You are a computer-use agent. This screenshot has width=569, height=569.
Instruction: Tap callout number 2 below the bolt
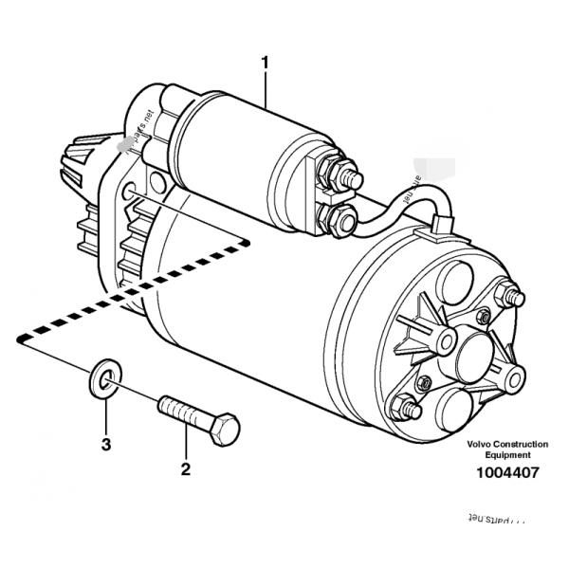coord(186,468)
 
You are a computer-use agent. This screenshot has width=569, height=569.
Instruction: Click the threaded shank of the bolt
coord(183,415)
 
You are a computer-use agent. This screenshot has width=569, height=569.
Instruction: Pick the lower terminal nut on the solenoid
coord(340,221)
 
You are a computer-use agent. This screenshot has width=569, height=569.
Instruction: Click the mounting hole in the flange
coord(132,197)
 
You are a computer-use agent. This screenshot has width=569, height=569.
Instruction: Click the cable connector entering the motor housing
coord(438,227)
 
